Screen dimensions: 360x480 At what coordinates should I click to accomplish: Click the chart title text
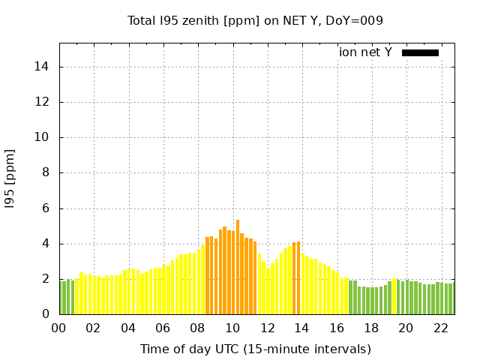click(255, 20)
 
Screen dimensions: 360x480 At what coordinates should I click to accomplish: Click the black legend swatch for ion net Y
click(420, 52)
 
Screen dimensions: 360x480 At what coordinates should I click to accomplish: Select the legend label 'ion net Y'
click(365, 52)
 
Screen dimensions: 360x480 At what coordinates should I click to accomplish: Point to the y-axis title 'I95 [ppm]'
click(10, 178)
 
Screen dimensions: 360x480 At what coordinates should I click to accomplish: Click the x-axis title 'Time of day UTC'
click(255, 349)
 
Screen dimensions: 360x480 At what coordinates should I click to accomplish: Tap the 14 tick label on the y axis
click(42, 67)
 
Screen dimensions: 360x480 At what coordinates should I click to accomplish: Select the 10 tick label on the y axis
click(42, 137)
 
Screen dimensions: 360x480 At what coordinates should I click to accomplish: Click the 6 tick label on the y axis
click(46, 208)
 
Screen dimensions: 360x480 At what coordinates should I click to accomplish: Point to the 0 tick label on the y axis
click(46, 314)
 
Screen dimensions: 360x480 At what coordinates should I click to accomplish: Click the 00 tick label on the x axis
click(58, 328)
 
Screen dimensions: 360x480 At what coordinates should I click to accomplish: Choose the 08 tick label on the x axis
click(198, 328)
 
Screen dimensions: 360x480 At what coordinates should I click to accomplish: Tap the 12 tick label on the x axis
click(268, 328)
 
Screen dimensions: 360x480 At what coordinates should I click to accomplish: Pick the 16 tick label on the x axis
click(337, 328)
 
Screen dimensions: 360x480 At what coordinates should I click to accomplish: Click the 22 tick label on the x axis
click(441, 328)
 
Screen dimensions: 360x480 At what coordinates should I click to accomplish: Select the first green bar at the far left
click(61, 298)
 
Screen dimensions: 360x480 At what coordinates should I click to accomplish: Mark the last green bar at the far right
click(451, 299)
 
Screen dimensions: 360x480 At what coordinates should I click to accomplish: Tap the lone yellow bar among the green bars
click(394, 297)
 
